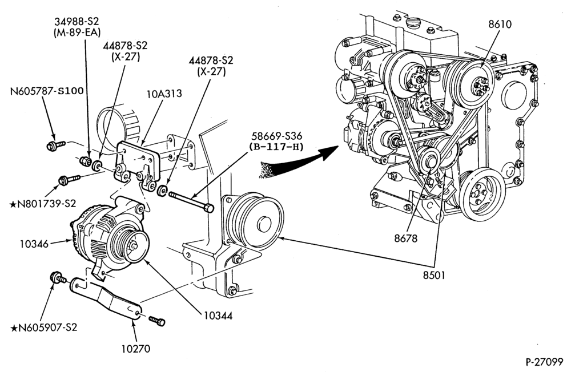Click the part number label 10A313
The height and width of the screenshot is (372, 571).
point(164,94)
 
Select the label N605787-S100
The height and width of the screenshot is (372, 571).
point(47,90)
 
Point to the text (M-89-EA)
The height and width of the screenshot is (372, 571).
point(77,32)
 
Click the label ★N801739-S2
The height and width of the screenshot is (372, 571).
point(42,204)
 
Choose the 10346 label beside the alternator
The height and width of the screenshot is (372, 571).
point(34,244)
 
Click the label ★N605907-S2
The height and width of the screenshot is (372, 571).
point(44,327)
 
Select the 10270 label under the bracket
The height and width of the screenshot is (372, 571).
point(135,349)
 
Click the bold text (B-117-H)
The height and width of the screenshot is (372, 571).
point(277,147)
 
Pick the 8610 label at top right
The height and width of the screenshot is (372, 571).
point(500,24)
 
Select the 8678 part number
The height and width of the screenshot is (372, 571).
point(405,238)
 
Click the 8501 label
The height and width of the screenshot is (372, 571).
point(434,275)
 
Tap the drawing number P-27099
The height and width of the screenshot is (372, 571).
point(544,362)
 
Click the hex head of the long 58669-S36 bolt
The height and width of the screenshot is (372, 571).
point(209,208)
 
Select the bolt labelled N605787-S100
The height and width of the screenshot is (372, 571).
point(56,145)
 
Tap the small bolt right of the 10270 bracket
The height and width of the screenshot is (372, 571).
point(157,321)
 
